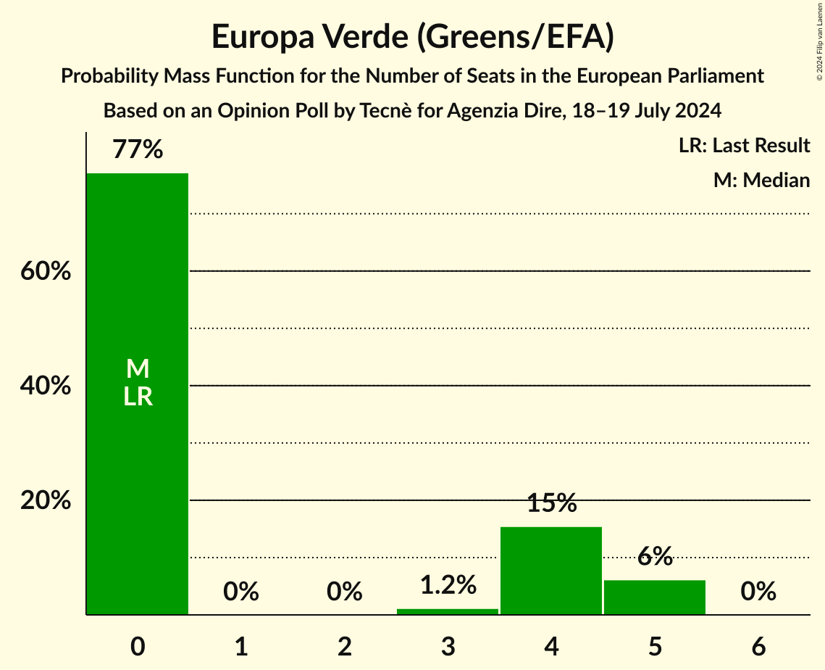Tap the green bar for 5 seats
click(x=655, y=597)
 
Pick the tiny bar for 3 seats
click(x=448, y=611)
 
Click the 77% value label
click(x=138, y=150)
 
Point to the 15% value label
click(x=551, y=503)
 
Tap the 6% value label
click(x=655, y=557)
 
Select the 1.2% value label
click(x=448, y=584)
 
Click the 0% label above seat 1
click(x=241, y=592)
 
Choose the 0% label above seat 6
click(x=758, y=592)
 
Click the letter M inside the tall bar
click(x=138, y=369)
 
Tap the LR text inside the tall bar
click(x=138, y=397)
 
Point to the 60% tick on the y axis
click(x=46, y=271)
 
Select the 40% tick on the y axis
click(x=46, y=386)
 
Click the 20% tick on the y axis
click(x=46, y=500)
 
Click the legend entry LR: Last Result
click(x=744, y=146)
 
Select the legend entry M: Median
click(x=761, y=180)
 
